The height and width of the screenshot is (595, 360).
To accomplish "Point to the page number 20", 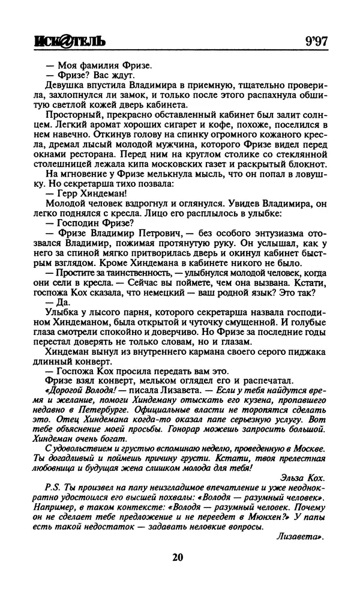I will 177,557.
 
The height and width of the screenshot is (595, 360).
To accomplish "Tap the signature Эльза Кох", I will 303,479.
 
